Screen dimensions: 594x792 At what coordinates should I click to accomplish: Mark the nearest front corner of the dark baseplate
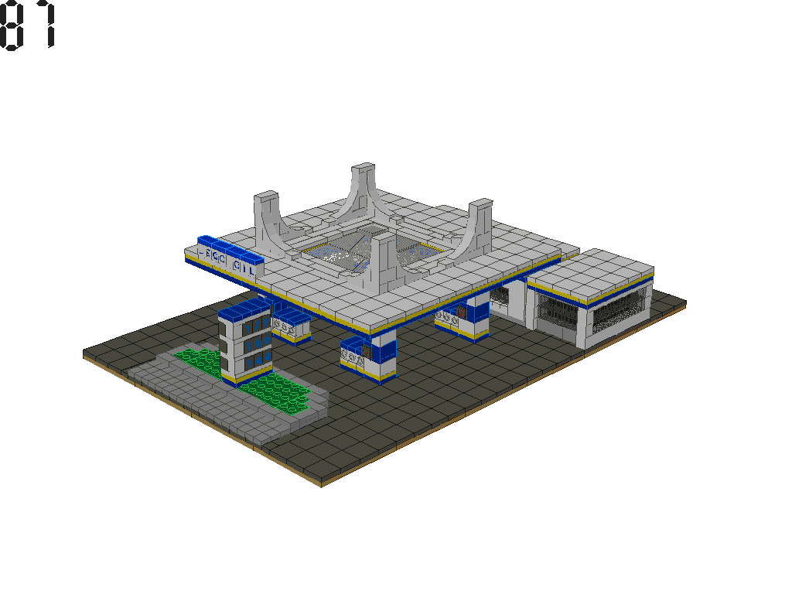[x=321, y=485]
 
